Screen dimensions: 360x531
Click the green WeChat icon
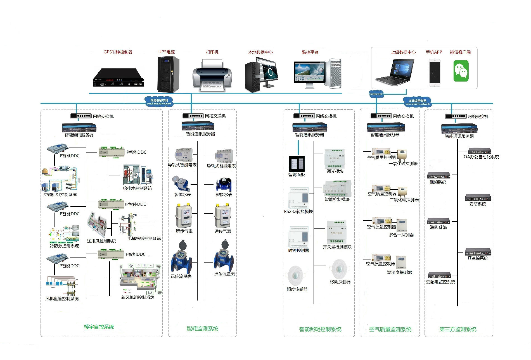tap(461, 71)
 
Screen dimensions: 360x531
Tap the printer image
tap(212, 76)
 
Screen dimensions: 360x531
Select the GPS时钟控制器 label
tap(118, 52)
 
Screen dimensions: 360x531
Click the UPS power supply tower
tap(168, 74)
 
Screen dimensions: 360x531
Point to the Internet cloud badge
tap(376, 94)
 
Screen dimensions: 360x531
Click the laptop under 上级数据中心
tap(394, 72)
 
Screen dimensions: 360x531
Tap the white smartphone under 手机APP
tap(435, 72)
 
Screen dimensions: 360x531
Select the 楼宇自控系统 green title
tap(99, 327)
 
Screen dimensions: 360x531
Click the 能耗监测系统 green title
tap(202, 329)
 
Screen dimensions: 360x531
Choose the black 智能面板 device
tap(297, 164)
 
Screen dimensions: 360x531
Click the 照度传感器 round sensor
tap(295, 275)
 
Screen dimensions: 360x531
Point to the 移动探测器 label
tap(340, 282)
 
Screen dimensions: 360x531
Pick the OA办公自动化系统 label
tap(481, 157)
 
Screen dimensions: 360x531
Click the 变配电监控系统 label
tap(441, 282)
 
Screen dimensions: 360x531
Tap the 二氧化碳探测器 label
tap(404, 200)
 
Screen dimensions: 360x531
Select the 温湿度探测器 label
tap(400, 273)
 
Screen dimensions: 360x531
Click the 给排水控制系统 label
tap(138, 189)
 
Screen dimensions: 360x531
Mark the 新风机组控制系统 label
tap(138, 297)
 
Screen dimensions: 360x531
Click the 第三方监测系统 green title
tap(458, 329)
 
